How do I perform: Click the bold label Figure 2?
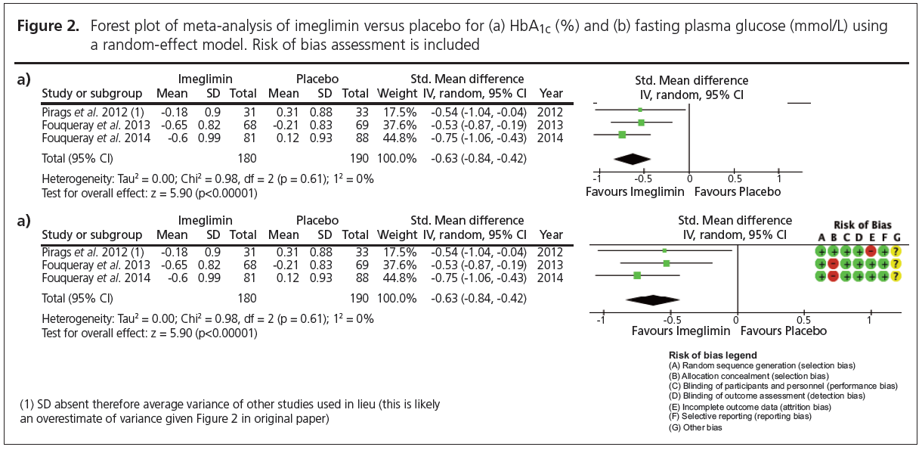[52, 26]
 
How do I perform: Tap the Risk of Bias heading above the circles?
[862, 225]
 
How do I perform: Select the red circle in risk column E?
[871, 250]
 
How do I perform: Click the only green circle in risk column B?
[834, 250]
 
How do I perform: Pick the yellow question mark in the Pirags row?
[896, 250]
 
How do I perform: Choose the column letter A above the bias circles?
[821, 237]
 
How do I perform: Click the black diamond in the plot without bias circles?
[632, 158]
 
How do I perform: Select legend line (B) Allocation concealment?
[749, 375]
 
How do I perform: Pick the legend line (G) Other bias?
[695, 427]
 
